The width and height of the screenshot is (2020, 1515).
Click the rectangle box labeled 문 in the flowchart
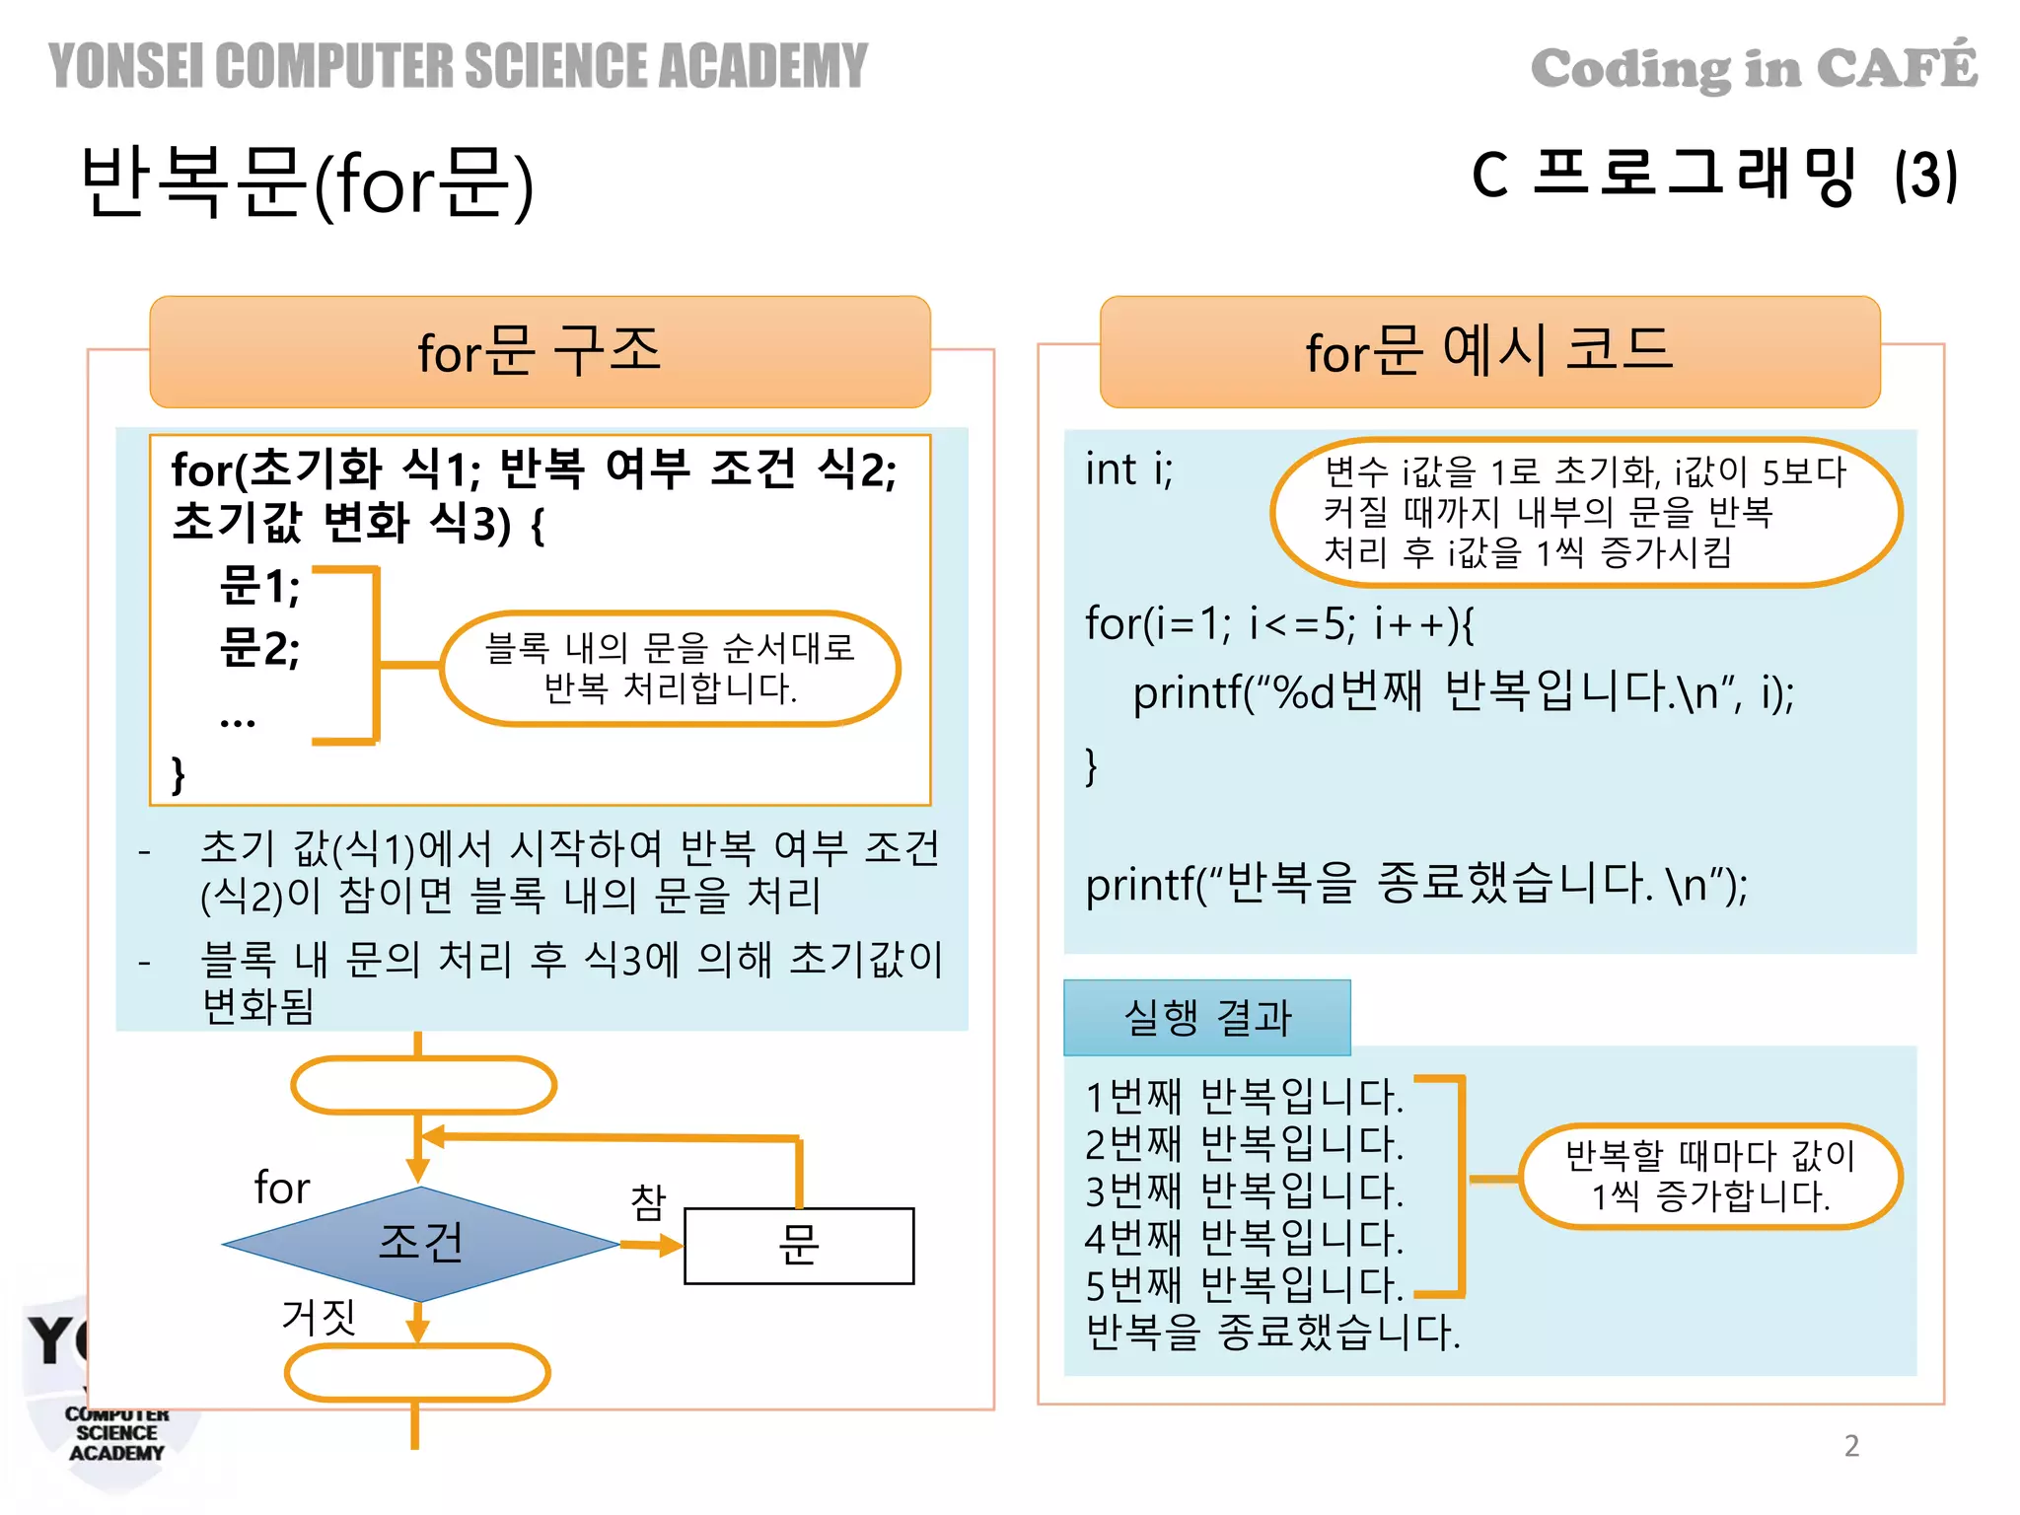(799, 1246)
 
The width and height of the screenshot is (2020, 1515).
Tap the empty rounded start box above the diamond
(424, 1085)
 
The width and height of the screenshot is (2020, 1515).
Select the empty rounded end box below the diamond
(417, 1372)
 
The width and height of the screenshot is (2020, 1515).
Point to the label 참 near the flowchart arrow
(648, 1202)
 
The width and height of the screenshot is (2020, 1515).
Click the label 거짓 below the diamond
(318, 1317)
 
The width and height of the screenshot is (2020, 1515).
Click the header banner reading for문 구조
(540, 351)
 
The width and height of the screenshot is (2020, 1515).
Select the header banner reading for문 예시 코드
(1489, 351)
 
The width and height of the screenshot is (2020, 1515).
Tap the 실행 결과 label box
(1206, 1018)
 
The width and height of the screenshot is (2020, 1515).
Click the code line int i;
(1129, 469)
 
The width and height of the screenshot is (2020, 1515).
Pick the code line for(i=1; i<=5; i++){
(1279, 623)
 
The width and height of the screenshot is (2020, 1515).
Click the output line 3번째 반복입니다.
(1244, 1190)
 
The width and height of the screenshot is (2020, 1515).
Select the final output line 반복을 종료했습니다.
(1272, 1333)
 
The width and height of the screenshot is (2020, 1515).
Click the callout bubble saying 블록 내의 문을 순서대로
(671, 668)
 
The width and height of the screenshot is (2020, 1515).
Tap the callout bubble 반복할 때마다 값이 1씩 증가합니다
(1710, 1176)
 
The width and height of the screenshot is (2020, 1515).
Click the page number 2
(1851, 1445)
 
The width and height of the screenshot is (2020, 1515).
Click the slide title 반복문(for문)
(307, 182)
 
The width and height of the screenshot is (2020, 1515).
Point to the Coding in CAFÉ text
(1754, 67)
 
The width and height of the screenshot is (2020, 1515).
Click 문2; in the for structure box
(259, 648)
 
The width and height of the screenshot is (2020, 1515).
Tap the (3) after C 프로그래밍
(1925, 176)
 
